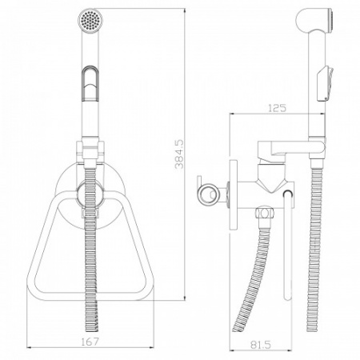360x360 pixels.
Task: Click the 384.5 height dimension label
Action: click(179, 154)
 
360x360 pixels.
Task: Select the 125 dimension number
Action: click(277, 108)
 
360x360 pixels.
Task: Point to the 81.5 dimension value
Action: click(261, 345)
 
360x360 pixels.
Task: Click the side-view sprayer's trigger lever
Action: click(325, 84)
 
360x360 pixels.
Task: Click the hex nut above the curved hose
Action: click(263, 214)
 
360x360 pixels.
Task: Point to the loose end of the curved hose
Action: click(236, 329)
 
